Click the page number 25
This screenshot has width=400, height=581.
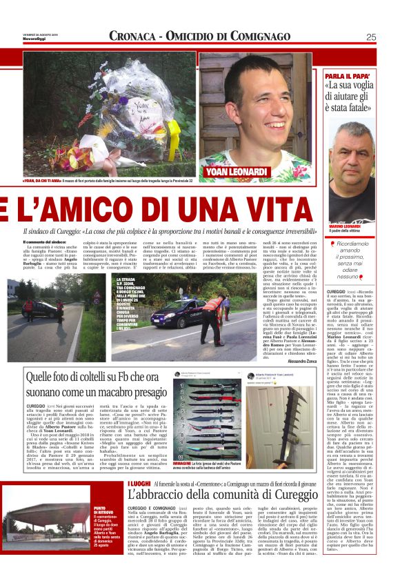(x=370, y=37)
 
